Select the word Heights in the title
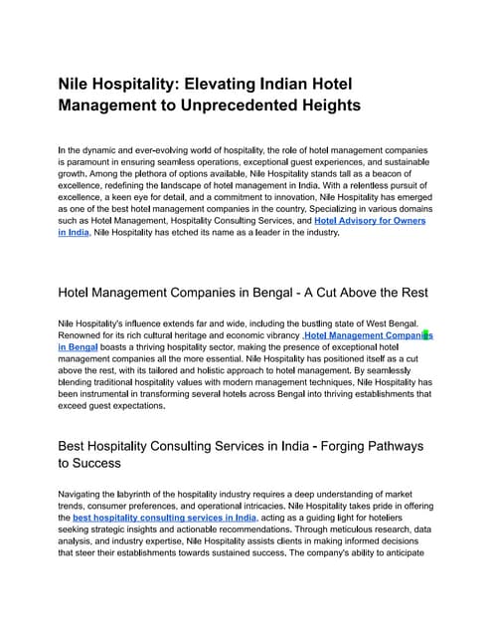pyautogui.click(x=329, y=105)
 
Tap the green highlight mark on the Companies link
pyautogui.click(x=426, y=336)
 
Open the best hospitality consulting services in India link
pyautogui.click(x=164, y=519)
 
